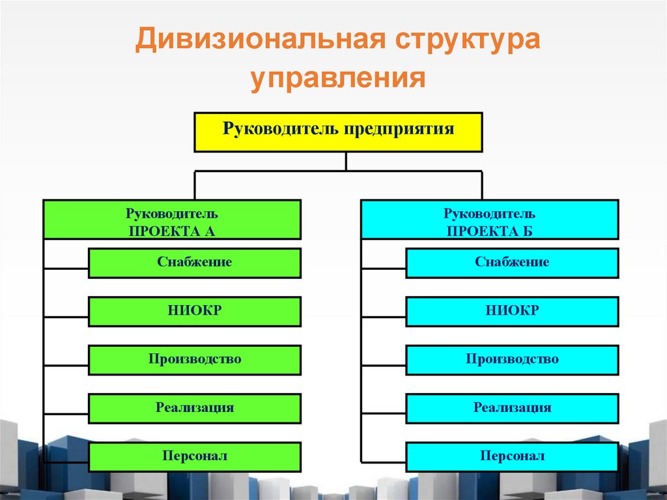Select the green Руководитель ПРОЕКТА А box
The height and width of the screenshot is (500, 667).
click(172, 220)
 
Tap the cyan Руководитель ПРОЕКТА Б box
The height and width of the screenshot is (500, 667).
click(489, 220)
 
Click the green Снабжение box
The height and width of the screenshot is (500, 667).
click(194, 263)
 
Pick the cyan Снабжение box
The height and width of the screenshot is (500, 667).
click(512, 263)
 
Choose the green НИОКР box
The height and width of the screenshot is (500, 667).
click(194, 312)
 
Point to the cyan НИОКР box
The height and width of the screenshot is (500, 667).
click(512, 312)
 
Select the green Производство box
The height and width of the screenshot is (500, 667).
click(194, 360)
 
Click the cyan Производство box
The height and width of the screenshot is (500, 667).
click(512, 360)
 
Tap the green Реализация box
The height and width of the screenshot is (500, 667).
click(194, 409)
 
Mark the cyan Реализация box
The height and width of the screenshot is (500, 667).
click(512, 409)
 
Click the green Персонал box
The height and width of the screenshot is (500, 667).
click(194, 457)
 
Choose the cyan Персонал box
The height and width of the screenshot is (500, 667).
click(512, 457)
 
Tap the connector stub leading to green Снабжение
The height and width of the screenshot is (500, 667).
click(66, 268)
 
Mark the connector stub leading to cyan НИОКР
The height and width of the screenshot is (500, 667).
click(384, 316)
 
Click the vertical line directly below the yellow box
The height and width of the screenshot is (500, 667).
click(346, 162)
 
